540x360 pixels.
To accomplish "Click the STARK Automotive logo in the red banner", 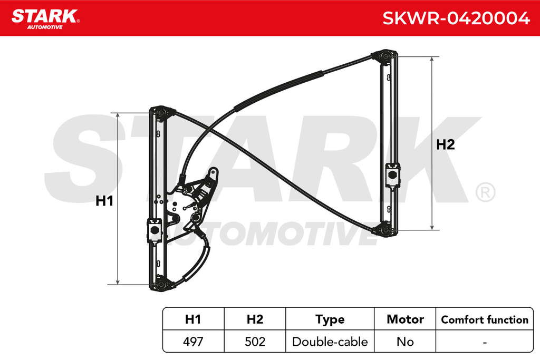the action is [45, 19].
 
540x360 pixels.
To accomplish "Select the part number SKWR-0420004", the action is [456, 18].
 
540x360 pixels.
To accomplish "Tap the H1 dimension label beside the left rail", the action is [104, 201].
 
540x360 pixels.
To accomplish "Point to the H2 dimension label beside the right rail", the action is [445, 144].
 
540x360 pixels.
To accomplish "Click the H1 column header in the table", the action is [193, 319].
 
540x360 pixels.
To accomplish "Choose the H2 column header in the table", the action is [255, 319].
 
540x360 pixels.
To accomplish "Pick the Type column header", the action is [330, 320].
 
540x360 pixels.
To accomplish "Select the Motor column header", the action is [405, 319].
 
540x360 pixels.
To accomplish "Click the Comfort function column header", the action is [485, 320].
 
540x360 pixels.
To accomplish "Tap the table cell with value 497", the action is [193, 342].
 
